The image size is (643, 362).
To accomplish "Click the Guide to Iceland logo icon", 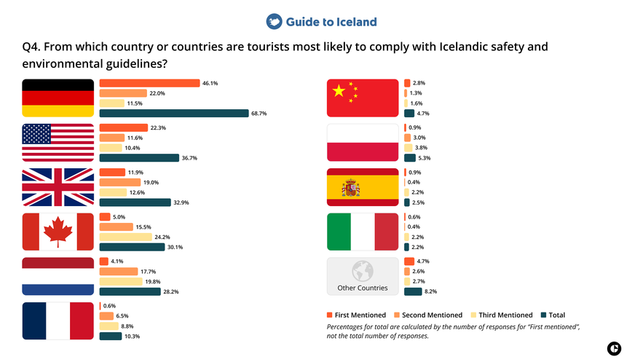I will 274,22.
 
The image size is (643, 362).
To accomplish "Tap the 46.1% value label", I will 210,83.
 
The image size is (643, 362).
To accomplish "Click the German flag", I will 58,98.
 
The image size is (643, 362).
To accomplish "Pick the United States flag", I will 58,143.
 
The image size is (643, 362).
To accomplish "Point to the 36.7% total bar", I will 139,158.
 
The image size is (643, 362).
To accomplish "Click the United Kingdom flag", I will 58,187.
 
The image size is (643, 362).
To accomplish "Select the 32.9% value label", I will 180,202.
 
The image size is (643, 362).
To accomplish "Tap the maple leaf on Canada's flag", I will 58,232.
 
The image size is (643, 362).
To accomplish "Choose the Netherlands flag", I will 58,276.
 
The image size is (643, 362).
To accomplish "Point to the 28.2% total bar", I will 130,291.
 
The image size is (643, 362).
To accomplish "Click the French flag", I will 58,321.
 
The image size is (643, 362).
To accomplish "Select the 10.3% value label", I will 132,336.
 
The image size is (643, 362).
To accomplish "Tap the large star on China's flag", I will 338,91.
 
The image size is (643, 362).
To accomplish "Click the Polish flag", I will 363,143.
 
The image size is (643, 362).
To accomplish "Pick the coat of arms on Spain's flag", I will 351,188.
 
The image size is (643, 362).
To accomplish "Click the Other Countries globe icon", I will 362,271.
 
